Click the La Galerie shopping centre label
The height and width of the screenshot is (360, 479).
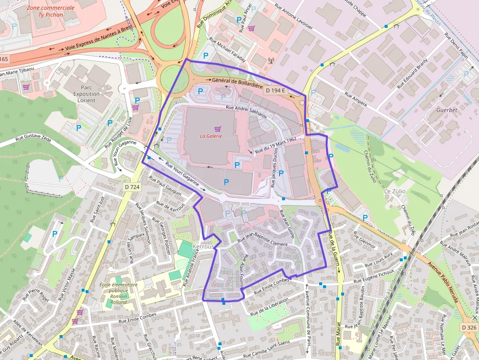tap(211, 136)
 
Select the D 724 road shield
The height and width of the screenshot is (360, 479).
tap(131, 187)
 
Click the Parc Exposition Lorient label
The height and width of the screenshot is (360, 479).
tap(86, 94)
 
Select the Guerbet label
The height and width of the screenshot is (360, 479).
tap(447, 110)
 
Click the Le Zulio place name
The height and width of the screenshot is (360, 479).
tap(395, 191)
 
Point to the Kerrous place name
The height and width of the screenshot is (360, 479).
tap(203, 247)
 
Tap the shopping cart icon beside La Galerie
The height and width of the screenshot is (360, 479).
tap(218, 129)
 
